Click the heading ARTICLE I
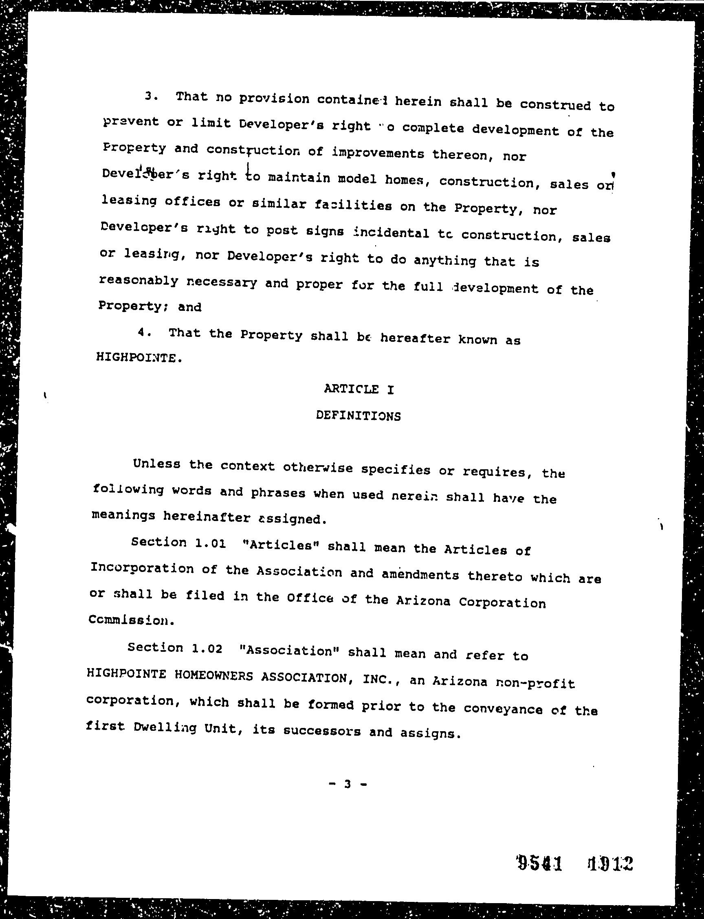pyautogui.click(x=359, y=389)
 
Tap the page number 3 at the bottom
pyautogui.click(x=347, y=784)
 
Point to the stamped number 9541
pyautogui.click(x=539, y=863)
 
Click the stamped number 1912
pyautogui.click(x=610, y=863)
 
